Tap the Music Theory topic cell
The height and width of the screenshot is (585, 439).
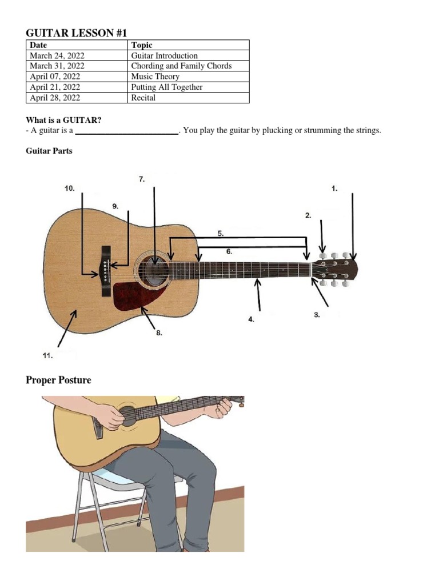[155, 77]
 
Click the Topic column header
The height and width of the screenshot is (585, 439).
[142, 45]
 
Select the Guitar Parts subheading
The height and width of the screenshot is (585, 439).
[49, 151]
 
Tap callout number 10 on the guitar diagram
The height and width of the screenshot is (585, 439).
[69, 188]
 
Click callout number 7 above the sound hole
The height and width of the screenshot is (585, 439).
[142, 179]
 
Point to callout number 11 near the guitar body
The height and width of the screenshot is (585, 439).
[47, 355]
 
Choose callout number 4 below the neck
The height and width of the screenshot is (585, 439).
[251, 320]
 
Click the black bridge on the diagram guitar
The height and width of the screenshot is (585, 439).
[106, 271]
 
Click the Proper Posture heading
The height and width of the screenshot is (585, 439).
[58, 380]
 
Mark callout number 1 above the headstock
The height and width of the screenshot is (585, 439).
[334, 188]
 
